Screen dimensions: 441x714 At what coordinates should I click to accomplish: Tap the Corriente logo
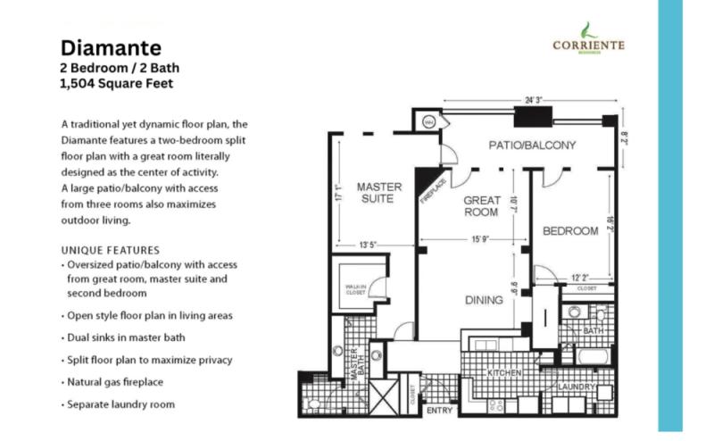[x=588, y=40]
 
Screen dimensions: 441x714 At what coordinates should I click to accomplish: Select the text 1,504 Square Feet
[x=116, y=85]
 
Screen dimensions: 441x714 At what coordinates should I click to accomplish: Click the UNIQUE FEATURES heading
[x=110, y=250]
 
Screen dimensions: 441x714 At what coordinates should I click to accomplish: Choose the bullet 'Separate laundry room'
[x=120, y=404]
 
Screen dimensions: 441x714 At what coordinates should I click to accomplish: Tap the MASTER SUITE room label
[x=379, y=193]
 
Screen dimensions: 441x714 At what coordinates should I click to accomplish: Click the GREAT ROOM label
[x=482, y=207]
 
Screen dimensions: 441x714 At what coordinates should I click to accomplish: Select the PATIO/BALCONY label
[x=531, y=145]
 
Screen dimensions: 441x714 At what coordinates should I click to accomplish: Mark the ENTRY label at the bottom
[x=440, y=411]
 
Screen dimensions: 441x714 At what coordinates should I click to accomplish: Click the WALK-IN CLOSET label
[x=356, y=287]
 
